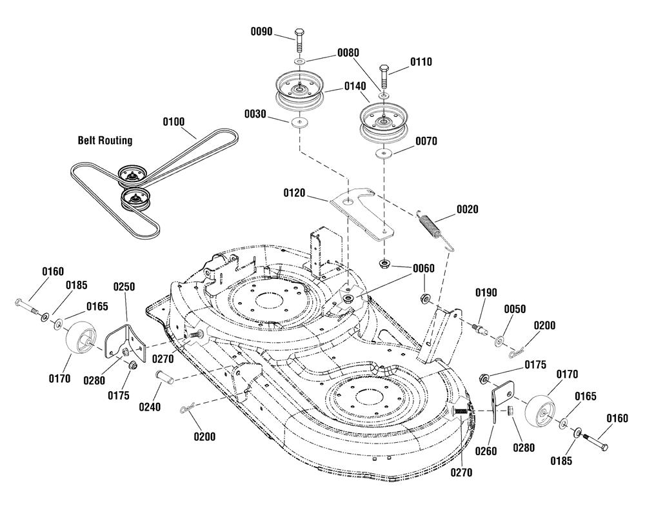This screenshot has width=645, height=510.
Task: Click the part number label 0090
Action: [262, 32]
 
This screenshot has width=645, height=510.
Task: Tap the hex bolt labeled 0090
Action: [300, 40]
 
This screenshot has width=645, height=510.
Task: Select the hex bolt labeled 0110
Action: [384, 76]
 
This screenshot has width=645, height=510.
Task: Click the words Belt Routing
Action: [105, 140]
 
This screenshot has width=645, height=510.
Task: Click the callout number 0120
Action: [295, 192]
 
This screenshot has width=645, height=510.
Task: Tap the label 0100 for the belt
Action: [174, 122]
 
